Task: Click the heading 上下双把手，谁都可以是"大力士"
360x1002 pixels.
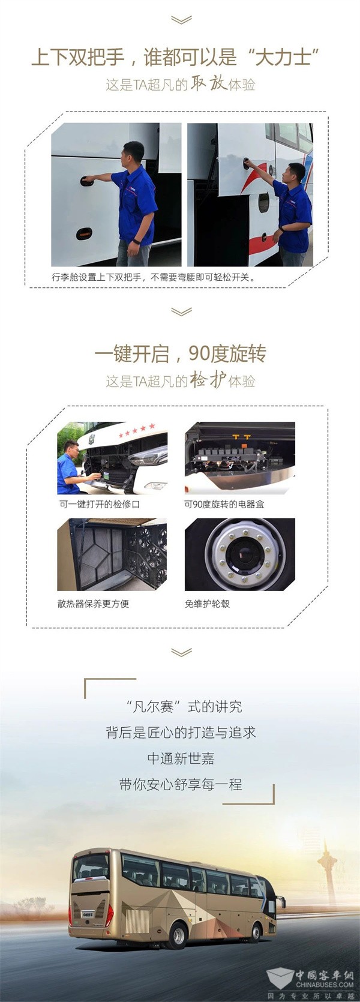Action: pos(175,57)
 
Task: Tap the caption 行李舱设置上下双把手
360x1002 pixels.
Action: pos(97,277)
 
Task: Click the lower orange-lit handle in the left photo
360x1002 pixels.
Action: pos(83,233)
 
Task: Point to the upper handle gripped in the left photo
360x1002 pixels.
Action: pos(86,180)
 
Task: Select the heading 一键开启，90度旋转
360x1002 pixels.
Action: pos(180,354)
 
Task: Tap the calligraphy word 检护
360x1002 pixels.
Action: pos(208,380)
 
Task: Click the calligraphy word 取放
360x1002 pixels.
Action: pos(208,83)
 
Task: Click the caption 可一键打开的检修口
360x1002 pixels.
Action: pos(99,504)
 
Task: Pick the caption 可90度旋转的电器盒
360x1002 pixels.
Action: pos(224,504)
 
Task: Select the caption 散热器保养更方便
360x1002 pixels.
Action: pos(93,604)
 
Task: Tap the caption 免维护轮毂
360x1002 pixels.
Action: pos(207,604)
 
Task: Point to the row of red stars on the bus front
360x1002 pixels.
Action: pos(137,430)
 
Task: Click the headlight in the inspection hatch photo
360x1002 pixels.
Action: pos(148,457)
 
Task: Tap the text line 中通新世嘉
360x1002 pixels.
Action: pos(181,758)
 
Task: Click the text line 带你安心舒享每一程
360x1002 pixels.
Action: pos(181,784)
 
